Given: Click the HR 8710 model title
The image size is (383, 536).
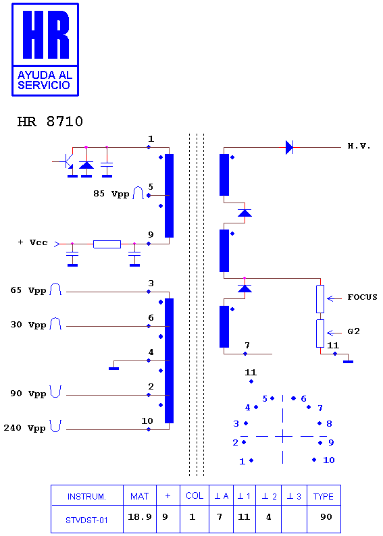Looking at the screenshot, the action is (50, 122).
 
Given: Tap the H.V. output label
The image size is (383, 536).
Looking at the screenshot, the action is (359, 146).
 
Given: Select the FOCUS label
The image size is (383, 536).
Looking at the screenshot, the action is (362, 297).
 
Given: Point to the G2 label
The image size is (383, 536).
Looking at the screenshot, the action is (353, 331).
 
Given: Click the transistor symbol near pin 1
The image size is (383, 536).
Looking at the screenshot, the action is (68, 162).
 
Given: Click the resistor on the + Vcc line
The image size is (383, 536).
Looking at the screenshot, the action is (107, 244).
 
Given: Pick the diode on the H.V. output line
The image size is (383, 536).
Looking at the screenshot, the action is (289, 147).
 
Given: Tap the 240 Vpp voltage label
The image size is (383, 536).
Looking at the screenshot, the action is (24, 428).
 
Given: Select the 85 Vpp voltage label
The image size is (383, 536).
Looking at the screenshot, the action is (111, 194).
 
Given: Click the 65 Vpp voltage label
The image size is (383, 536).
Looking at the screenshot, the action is (28, 290).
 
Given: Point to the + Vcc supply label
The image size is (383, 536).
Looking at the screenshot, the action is (33, 242).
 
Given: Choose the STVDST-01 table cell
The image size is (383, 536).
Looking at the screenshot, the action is (86, 520).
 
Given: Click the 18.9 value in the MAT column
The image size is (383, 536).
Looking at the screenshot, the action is (140, 517).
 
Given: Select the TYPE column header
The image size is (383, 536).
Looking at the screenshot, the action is (323, 496).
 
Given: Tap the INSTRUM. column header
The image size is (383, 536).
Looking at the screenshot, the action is (86, 496).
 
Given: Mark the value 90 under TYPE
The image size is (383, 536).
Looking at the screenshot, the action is (326, 517).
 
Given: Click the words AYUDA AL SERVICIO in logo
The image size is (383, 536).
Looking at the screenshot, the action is (45, 80).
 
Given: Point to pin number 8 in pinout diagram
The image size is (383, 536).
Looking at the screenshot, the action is (329, 423).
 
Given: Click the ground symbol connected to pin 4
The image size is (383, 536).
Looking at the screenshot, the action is (113, 368).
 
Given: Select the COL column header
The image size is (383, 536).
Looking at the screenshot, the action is (195, 495).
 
